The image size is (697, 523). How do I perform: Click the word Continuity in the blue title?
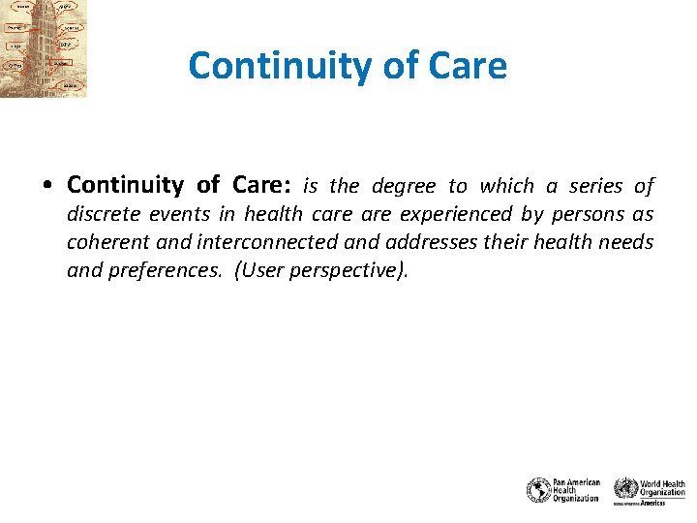(x=270, y=66)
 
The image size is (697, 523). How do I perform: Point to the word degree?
(x=404, y=185)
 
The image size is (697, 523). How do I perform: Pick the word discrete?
(x=102, y=213)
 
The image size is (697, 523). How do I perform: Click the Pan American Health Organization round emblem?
(x=538, y=490)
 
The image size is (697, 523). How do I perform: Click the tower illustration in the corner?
(x=43, y=48)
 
